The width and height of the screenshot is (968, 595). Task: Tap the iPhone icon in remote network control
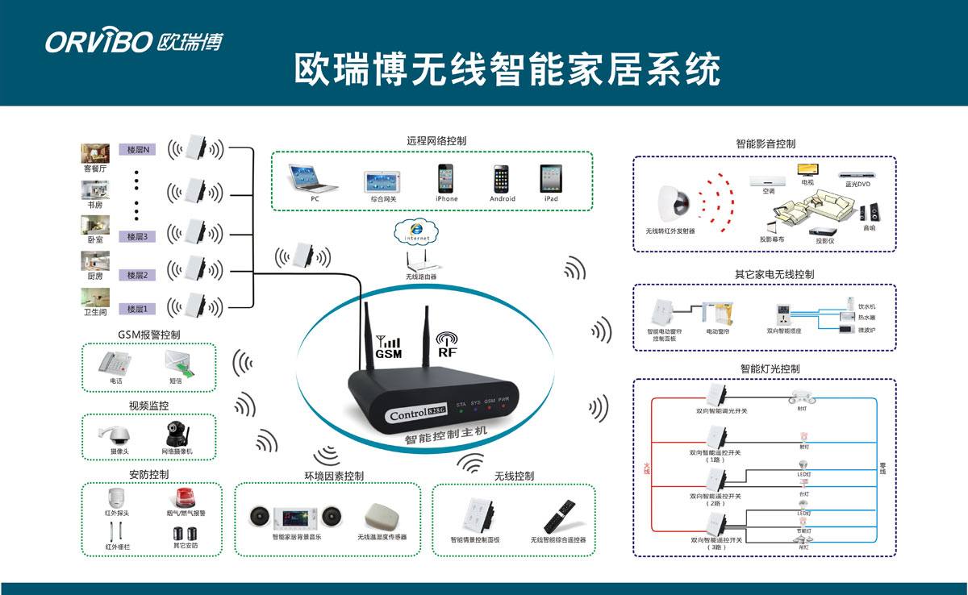(446, 178)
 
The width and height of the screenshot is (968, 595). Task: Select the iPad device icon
(551, 178)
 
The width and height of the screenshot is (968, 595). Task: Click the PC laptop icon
(315, 178)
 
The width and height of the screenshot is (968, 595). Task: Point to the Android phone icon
(502, 178)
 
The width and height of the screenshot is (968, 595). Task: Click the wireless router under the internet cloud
(420, 260)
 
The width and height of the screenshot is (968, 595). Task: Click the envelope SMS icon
(179, 362)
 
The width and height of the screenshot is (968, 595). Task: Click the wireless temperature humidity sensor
(382, 516)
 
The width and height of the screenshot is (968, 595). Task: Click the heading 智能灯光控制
(770, 368)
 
